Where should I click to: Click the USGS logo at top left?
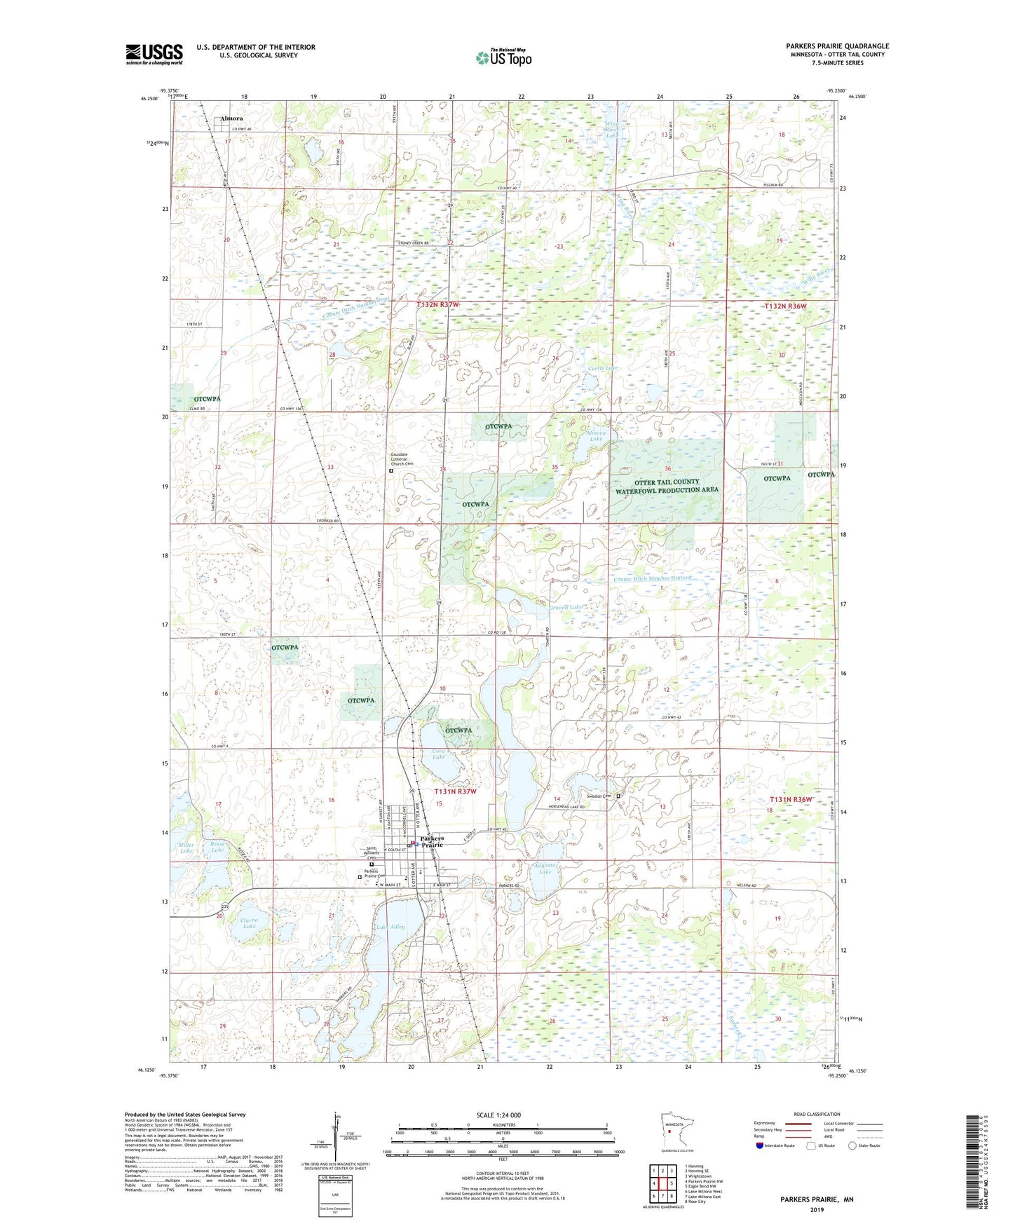[154, 54]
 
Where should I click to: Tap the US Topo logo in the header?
[503, 57]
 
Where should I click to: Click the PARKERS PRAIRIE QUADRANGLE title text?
[837, 46]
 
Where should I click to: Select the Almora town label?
[231, 118]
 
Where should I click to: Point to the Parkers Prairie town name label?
[432, 841]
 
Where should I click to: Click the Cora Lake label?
[438, 754]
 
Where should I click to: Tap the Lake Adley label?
[390, 927]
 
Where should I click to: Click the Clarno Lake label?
[249, 923]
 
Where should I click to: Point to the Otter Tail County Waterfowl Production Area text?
[667, 486]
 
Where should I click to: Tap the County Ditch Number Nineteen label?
[652, 578]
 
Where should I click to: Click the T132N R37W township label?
[437, 305]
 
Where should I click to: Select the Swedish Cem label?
[599, 796]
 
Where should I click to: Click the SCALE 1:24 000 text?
[498, 1115]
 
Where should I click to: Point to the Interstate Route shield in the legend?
[760, 1145]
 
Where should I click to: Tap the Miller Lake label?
[186, 848]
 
